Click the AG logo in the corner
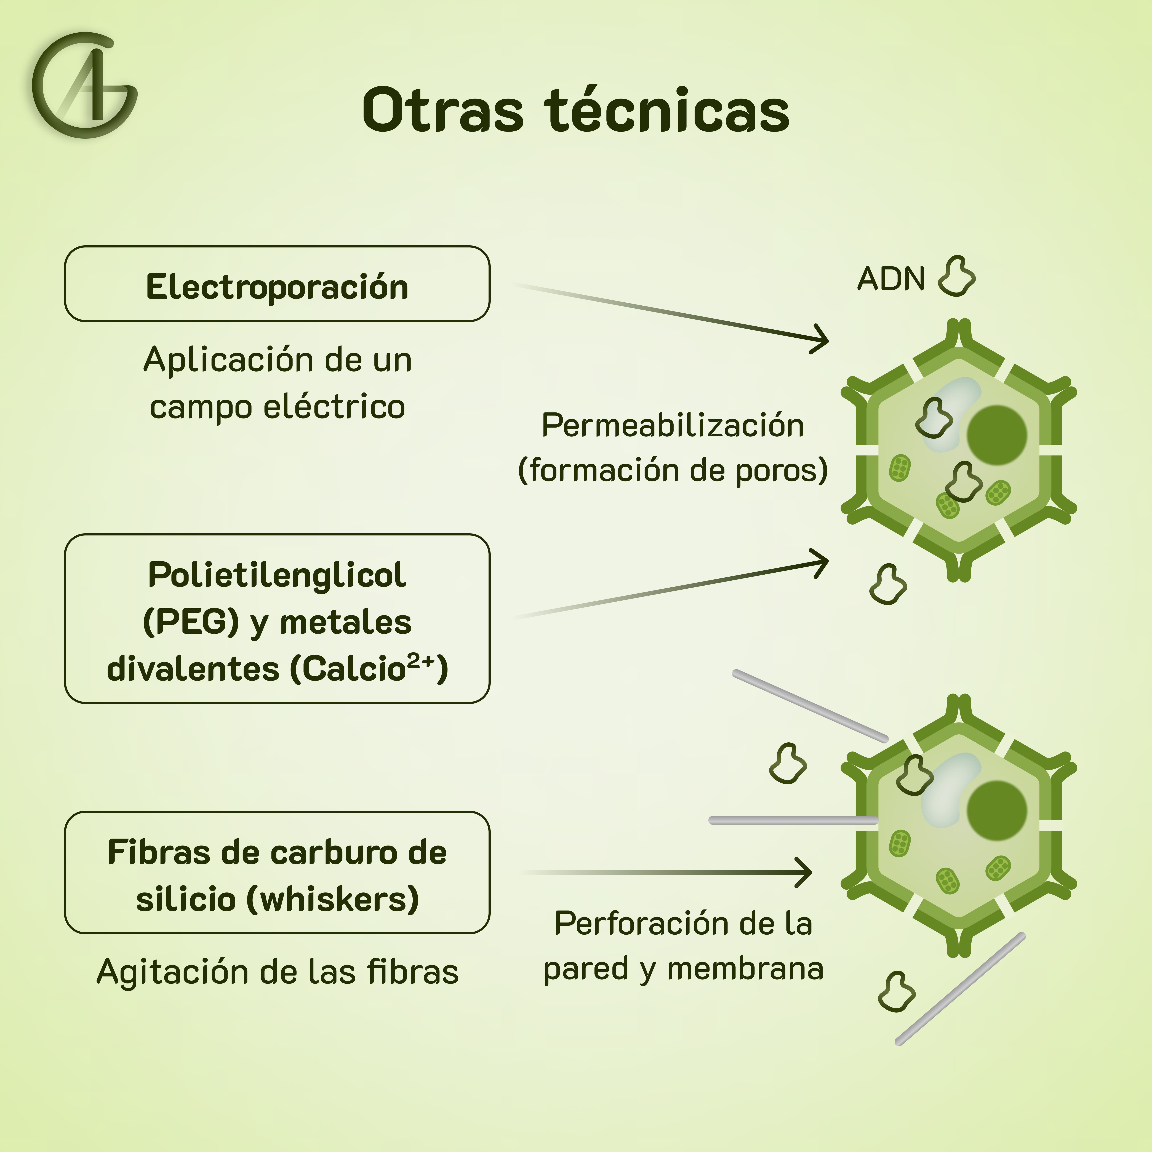click(85, 85)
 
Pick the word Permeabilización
click(673, 426)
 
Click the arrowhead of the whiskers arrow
click(806, 872)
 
